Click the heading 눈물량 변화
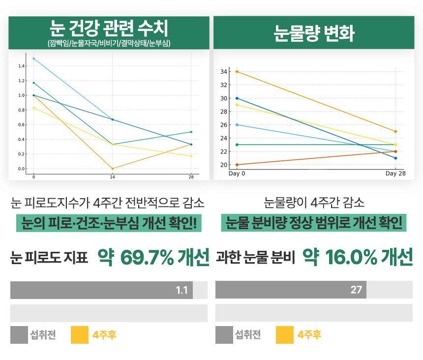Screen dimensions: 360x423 point(314,33)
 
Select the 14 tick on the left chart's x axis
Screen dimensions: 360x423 point(112,177)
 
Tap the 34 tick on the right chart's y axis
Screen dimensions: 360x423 point(223,72)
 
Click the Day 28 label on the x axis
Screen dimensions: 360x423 point(395,174)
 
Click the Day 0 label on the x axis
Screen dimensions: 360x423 point(237,174)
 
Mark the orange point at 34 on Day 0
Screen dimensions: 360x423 point(237,72)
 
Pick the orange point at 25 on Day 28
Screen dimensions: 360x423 point(395,131)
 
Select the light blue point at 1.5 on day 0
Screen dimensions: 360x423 point(33,59)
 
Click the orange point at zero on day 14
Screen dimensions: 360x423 point(113,169)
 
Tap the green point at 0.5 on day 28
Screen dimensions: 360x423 point(191,132)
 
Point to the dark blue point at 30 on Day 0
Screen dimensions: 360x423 point(237,98)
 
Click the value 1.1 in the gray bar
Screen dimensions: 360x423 point(181,290)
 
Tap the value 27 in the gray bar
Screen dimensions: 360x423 point(356,290)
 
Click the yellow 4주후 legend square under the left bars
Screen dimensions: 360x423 point(80,335)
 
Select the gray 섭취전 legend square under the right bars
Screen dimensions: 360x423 point(224,335)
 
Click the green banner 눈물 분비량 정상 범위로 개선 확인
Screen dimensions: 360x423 point(314,223)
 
